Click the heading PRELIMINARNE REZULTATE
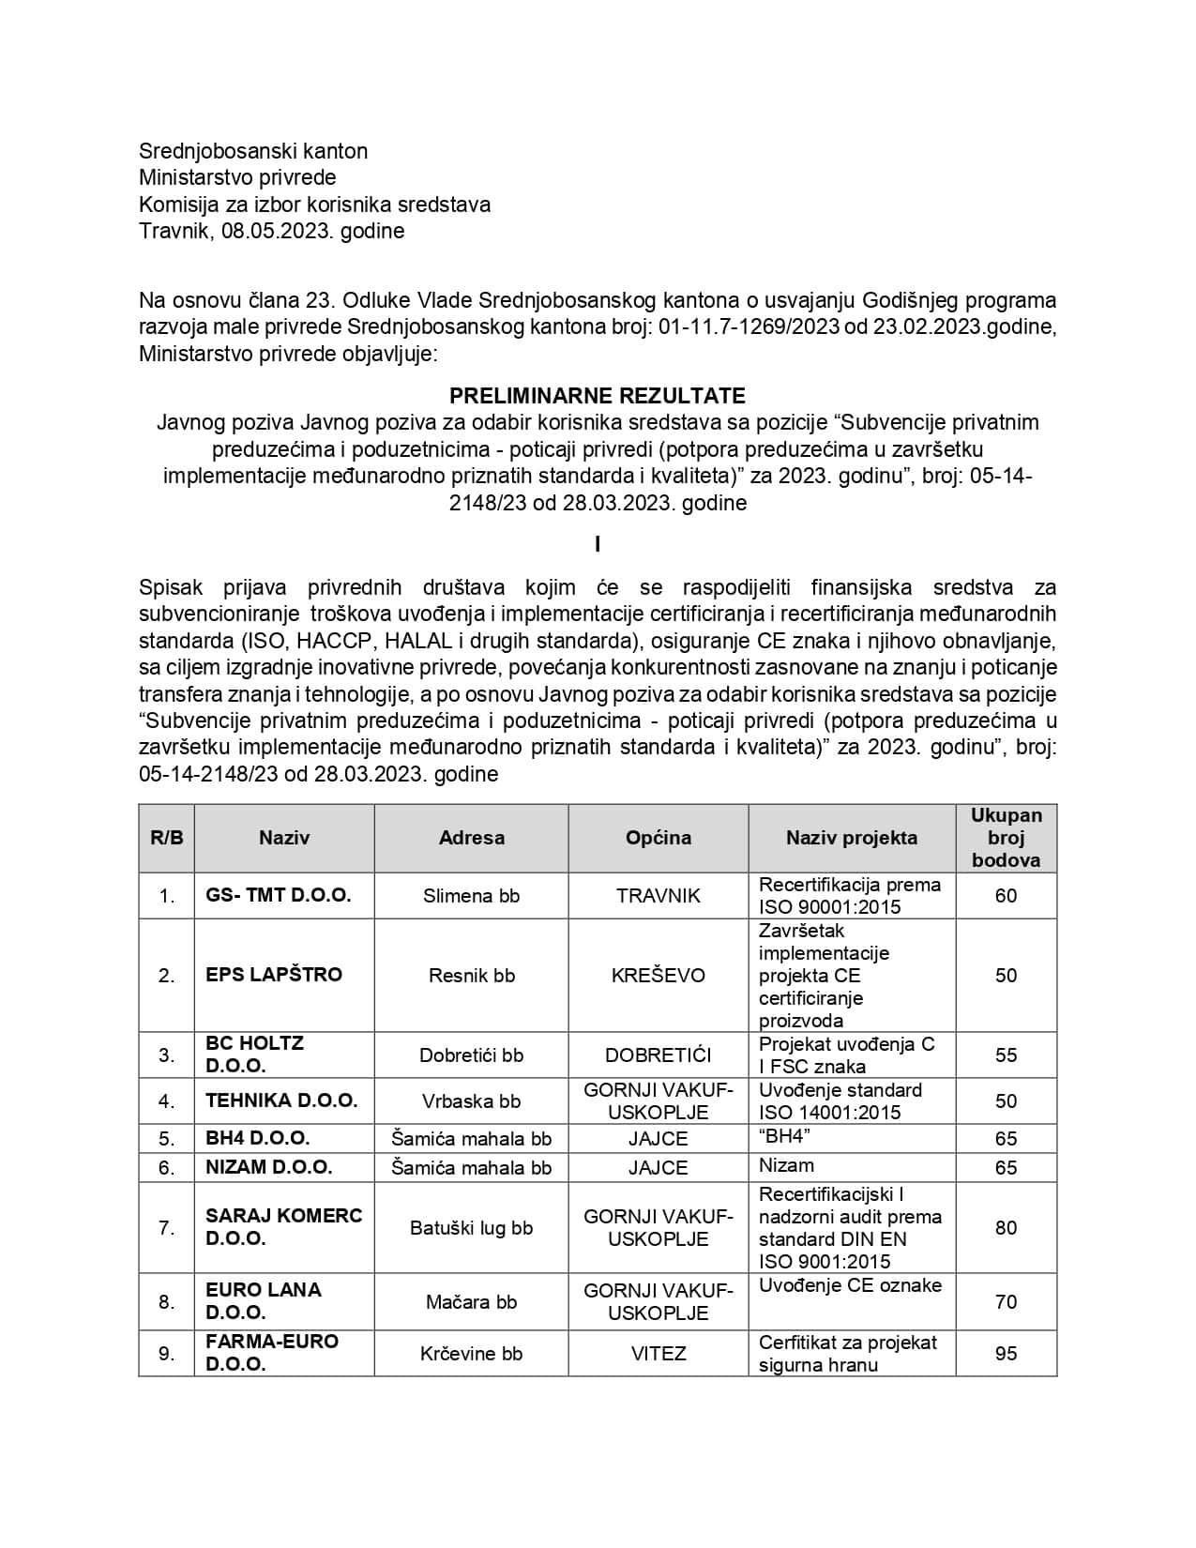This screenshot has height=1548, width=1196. click(598, 395)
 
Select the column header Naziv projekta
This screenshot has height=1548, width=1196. click(851, 838)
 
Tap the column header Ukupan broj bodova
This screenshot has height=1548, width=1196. click(1006, 838)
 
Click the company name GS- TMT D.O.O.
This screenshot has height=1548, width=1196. click(279, 895)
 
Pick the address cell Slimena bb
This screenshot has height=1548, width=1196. click(471, 896)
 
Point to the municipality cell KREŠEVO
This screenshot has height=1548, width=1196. click(658, 975)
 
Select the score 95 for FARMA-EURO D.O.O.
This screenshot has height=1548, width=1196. click(1006, 1353)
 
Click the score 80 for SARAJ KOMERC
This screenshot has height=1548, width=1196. click(1006, 1227)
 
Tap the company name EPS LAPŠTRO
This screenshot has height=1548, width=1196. click(274, 975)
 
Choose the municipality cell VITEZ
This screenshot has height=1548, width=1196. click(658, 1353)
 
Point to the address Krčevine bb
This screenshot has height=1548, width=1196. click(471, 1353)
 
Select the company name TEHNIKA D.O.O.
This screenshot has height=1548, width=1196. click(281, 1100)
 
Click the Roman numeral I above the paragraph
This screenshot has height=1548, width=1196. click(598, 545)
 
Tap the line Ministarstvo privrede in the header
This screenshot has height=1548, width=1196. click(237, 177)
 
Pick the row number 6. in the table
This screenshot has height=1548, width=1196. click(166, 1167)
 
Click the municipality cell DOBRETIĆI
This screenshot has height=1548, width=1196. click(658, 1055)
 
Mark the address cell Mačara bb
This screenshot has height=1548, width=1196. click(471, 1301)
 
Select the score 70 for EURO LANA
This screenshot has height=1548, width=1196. click(1006, 1301)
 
